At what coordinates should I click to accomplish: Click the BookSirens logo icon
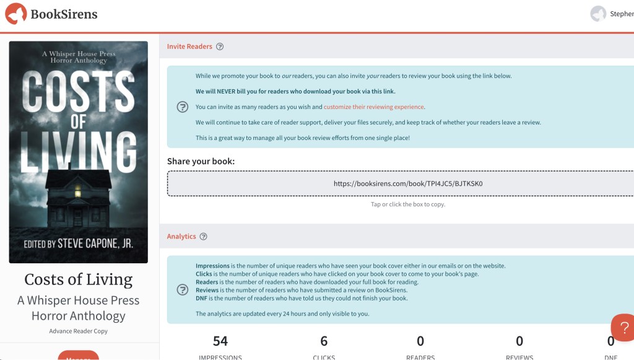pyautogui.click(x=15, y=14)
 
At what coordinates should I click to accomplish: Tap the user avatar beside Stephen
pyautogui.click(x=598, y=14)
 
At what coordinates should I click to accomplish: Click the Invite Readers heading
pyautogui.click(x=189, y=46)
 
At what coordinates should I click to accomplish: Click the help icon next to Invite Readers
pyautogui.click(x=220, y=46)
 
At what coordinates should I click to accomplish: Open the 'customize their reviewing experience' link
pyautogui.click(x=373, y=107)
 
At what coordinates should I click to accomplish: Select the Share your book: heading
pyautogui.click(x=201, y=162)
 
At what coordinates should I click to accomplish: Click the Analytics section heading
pyautogui.click(x=181, y=237)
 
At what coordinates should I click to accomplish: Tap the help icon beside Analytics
pyautogui.click(x=204, y=237)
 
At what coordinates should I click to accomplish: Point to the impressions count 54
pyautogui.click(x=220, y=341)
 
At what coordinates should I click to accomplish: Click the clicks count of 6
pyautogui.click(x=324, y=341)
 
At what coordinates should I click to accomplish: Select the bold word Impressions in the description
pyautogui.click(x=212, y=266)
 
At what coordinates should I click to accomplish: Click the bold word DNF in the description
pyautogui.click(x=202, y=298)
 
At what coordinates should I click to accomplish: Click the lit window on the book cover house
pyautogui.click(x=77, y=190)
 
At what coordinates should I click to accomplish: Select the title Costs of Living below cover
pyautogui.click(x=79, y=279)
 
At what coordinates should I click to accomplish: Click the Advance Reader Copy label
pyautogui.click(x=79, y=331)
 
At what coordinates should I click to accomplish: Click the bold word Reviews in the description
pyautogui.click(x=207, y=290)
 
